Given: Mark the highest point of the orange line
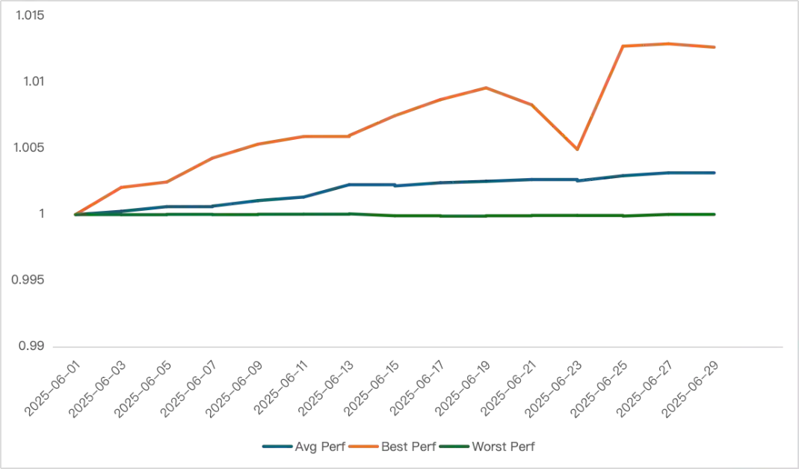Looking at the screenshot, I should [667, 42].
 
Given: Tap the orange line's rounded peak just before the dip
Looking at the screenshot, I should [484, 88].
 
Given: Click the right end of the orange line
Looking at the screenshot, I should [716, 48].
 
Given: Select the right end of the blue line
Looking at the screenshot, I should [716, 173].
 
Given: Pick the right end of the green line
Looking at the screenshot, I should [716, 215].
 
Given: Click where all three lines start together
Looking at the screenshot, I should [75, 214].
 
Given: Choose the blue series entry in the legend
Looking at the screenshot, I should [302, 448].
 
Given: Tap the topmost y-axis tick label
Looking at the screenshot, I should [33, 16].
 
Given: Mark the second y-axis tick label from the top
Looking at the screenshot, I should [33, 82].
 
